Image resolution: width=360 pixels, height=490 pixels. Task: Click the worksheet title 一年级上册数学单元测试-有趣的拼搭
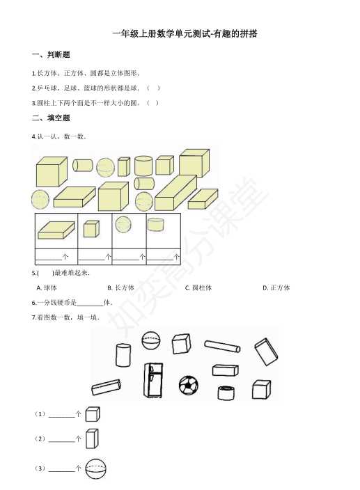[x=185, y=33]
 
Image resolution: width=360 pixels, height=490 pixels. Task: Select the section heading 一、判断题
[x=51, y=55]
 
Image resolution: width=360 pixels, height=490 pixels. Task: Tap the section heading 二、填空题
[x=51, y=118]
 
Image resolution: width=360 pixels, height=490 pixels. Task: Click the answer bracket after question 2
[x=153, y=88]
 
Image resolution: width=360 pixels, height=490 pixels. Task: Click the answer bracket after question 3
[x=152, y=103]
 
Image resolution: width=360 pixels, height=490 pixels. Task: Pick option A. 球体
[x=47, y=287]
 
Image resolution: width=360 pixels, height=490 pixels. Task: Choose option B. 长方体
[x=120, y=287]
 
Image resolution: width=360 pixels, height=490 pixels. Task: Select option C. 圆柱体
[x=198, y=287]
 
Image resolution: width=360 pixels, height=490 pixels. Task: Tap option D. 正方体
[x=276, y=287]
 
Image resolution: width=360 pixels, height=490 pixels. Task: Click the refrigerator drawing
[x=153, y=380]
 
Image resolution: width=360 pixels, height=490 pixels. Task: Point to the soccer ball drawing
[x=189, y=385]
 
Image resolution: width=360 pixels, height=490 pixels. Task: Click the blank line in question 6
[x=90, y=306]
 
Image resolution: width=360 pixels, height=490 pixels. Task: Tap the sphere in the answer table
[x=123, y=225]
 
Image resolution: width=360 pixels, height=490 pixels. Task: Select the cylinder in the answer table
[x=155, y=225]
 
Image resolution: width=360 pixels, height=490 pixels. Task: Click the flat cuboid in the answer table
[x=56, y=230]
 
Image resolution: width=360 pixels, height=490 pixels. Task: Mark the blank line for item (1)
[x=62, y=416]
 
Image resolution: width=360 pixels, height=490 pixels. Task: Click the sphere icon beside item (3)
[x=96, y=468]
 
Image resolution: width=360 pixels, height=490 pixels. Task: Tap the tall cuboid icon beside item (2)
[x=92, y=438]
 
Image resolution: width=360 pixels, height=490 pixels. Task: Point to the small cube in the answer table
[x=91, y=229]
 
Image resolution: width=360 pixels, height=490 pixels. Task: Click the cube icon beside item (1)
[x=93, y=414]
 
